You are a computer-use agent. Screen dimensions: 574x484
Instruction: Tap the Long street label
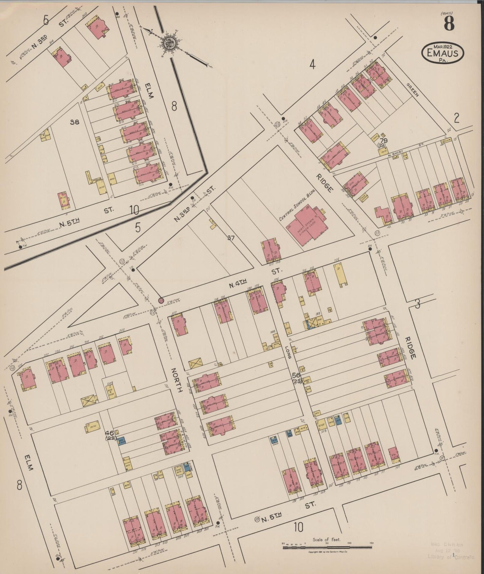(x=289, y=356)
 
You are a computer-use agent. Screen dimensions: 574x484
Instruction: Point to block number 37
(x=231, y=238)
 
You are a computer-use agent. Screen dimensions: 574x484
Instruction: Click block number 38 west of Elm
(x=74, y=122)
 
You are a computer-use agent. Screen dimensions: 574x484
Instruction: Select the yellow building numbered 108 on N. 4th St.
(x=340, y=274)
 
